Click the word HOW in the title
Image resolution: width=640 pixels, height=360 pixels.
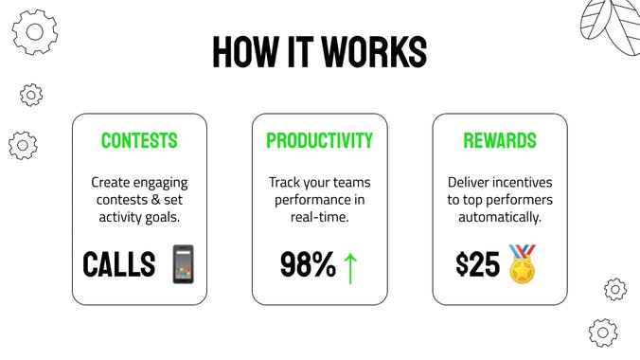click(244, 52)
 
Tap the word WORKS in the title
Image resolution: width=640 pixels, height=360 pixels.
click(374, 52)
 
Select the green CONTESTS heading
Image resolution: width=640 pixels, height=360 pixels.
click(139, 140)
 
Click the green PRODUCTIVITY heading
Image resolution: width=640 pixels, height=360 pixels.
click(320, 140)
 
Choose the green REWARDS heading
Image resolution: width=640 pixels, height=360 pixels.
click(500, 140)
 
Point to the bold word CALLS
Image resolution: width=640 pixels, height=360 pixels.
click(118, 264)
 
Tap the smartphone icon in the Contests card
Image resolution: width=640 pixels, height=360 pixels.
click(184, 264)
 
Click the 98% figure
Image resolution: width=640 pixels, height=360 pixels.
click(308, 265)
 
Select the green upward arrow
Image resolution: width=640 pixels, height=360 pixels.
click(350, 268)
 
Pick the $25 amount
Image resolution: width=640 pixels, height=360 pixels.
click(477, 264)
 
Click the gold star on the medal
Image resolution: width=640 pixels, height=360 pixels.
click(522, 271)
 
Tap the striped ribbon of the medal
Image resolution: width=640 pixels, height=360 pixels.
click(522, 252)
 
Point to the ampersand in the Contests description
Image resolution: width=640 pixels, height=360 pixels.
click(155, 200)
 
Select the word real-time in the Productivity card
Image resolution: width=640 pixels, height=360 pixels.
click(320, 217)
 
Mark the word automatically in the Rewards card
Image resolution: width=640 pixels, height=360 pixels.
click(500, 217)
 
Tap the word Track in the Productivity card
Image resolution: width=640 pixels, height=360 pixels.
click(282, 182)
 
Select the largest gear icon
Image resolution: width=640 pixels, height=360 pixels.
click(35, 32)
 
